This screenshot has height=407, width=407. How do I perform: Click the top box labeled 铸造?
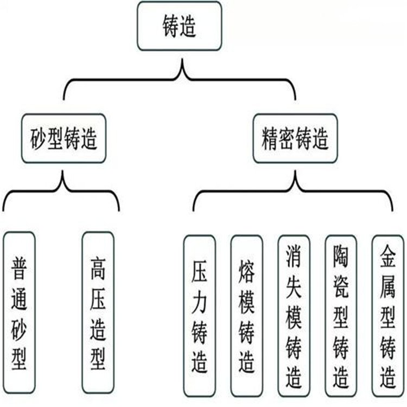[180, 26]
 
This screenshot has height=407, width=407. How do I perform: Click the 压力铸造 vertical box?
[199, 316]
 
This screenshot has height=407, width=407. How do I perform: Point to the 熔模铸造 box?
[246, 316]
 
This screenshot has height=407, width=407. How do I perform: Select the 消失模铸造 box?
[294, 316]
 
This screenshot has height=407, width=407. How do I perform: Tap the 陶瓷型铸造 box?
[341, 316]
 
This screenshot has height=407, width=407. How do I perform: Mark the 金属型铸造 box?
[387, 316]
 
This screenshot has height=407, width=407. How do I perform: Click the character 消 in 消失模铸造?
[294, 253]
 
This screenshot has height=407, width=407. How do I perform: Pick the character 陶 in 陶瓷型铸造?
[341, 253]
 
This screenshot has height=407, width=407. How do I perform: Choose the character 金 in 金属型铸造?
[387, 253]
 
